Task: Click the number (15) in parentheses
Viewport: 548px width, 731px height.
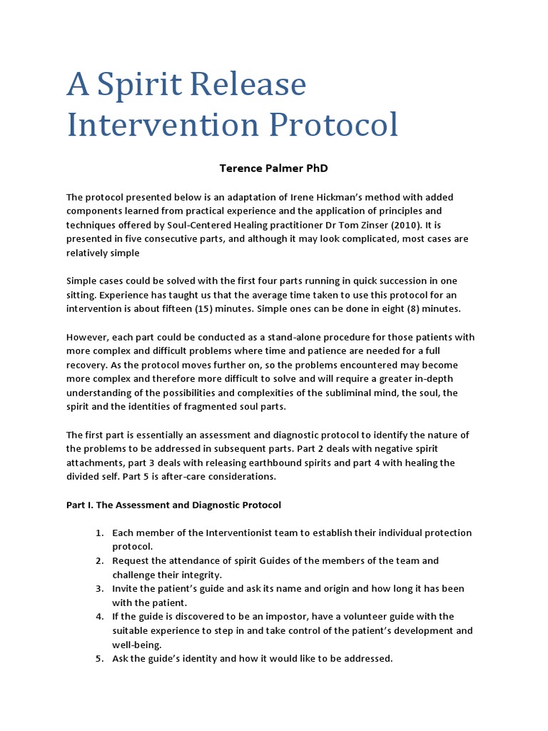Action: [219, 309]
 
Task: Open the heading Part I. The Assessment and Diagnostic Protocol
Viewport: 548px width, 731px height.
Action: [173, 505]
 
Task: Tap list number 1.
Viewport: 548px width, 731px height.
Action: [99, 533]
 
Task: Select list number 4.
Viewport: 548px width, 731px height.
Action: [99, 616]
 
